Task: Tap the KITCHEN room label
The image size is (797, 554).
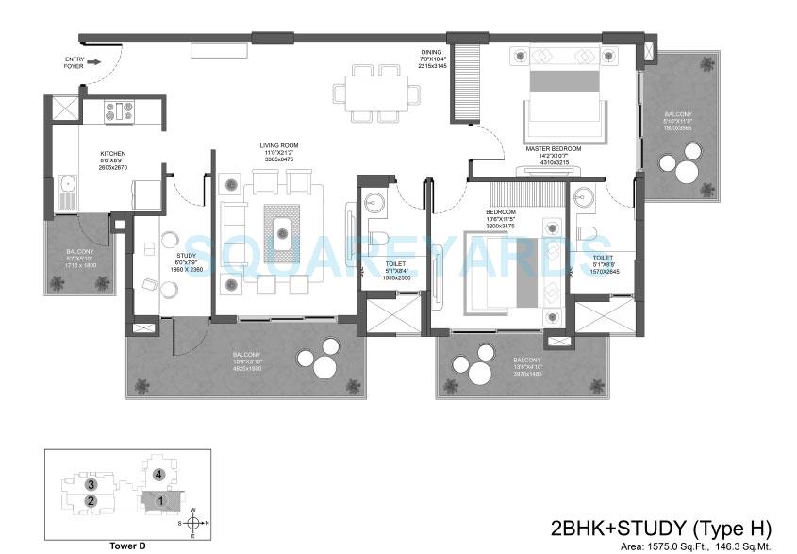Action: tap(113, 154)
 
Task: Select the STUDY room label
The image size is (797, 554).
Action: tap(185, 255)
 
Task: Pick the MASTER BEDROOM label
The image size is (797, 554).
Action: tap(554, 148)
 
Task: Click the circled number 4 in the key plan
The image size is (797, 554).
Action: tap(159, 473)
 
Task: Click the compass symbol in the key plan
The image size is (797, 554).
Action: tap(193, 522)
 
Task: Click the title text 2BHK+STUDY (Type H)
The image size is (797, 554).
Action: tap(660, 527)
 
